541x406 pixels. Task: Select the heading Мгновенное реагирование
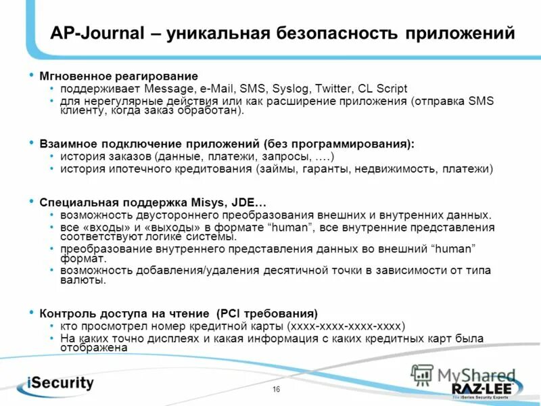[118, 76]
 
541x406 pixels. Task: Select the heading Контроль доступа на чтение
[124, 313]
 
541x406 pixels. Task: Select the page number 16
[276, 389]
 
